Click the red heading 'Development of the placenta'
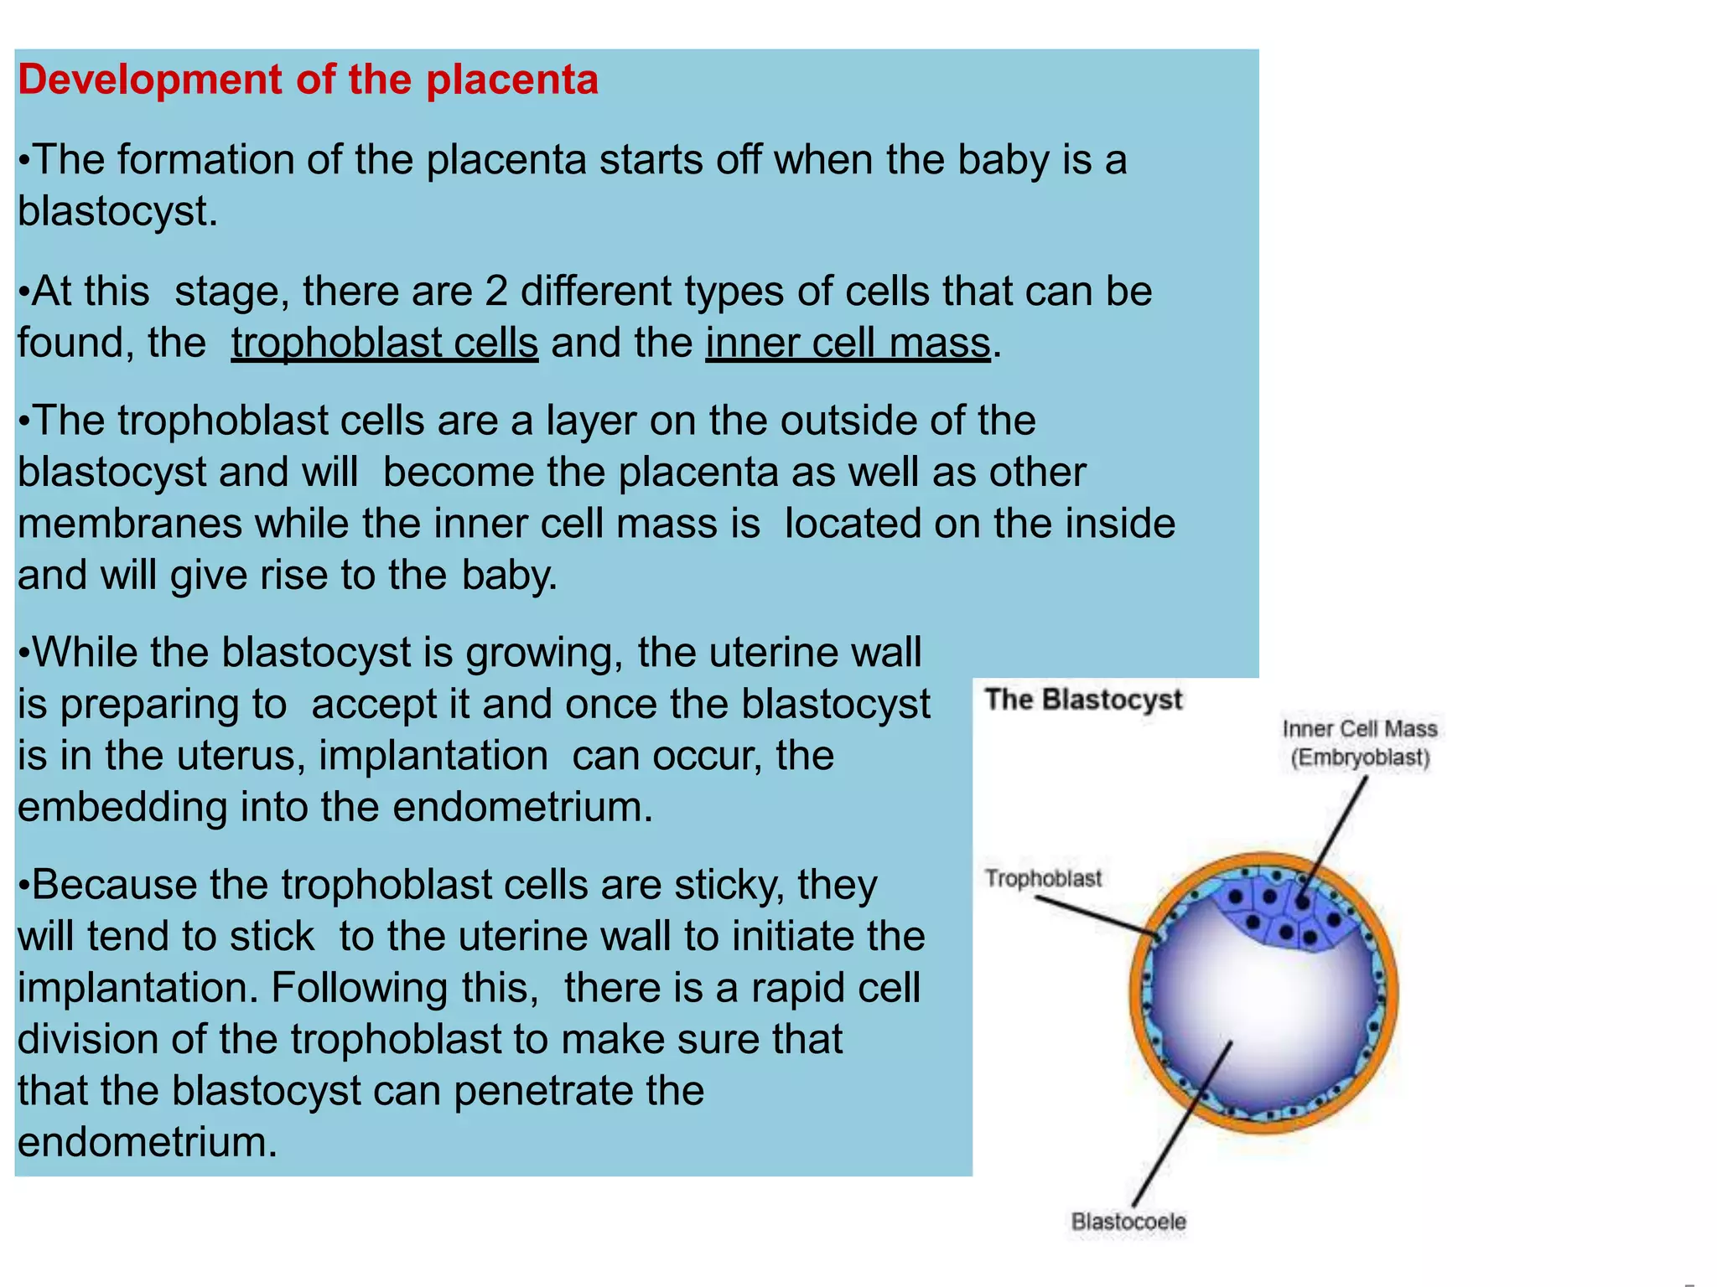[x=308, y=80]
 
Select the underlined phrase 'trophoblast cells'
[x=384, y=343]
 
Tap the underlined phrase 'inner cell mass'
[x=848, y=343]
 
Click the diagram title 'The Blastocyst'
[x=1083, y=700]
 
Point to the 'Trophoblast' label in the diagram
[x=1043, y=878]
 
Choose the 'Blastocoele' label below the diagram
[x=1128, y=1222]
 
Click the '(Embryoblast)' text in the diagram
[x=1360, y=757]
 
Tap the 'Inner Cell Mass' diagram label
[x=1360, y=729]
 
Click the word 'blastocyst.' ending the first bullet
[x=117, y=211]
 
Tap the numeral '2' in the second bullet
[x=496, y=292]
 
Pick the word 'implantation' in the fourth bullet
[x=433, y=756]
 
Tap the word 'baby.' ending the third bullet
[x=509, y=576]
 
